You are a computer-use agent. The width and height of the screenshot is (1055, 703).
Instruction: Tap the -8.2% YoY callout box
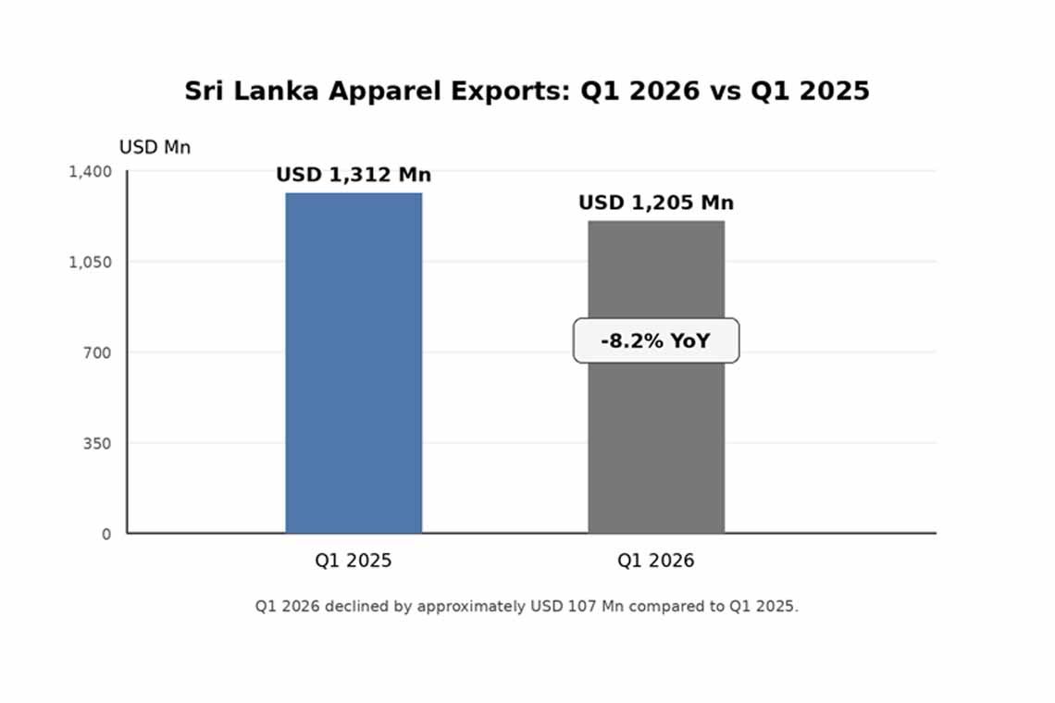tap(656, 340)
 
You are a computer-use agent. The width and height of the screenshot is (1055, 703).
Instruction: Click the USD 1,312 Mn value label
tap(354, 175)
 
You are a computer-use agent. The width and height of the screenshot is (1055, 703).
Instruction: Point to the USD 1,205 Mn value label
tap(656, 203)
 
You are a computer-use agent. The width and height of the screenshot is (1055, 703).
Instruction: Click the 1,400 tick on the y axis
tap(90, 171)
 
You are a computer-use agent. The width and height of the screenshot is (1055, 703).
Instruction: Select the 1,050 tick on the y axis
tap(90, 262)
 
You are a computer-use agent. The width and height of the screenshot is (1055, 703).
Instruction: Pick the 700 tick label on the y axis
tap(95, 352)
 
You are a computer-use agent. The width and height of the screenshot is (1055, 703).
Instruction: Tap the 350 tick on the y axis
tap(95, 443)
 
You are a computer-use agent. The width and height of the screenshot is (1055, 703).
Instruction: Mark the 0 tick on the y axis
tap(106, 534)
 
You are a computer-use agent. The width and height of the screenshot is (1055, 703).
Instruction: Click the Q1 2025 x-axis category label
tap(354, 561)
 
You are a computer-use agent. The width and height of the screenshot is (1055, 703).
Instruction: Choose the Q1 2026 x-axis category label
tap(656, 561)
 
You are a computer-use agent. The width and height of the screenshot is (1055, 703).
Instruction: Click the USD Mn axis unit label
tap(155, 147)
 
